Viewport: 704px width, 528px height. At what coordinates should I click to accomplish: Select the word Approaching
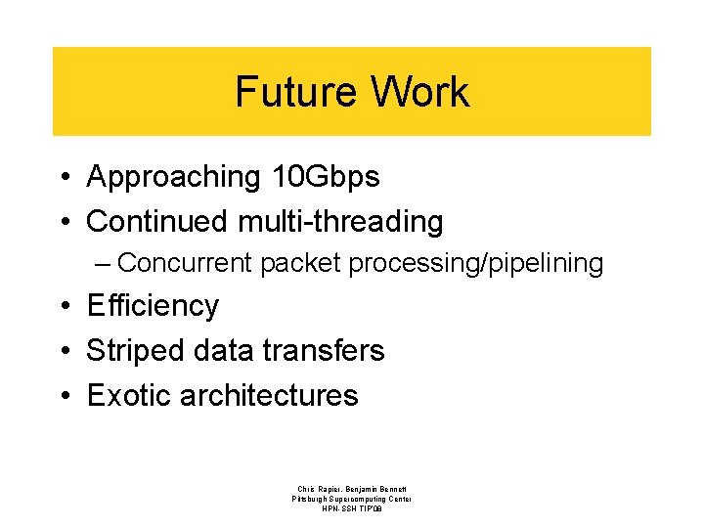[x=173, y=177]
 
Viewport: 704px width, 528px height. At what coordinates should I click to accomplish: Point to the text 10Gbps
[x=324, y=177]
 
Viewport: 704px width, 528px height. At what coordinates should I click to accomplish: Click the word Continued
[x=158, y=222]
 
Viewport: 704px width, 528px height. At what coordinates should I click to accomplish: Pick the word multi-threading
[x=340, y=222]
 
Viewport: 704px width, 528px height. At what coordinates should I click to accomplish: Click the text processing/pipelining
[x=476, y=264]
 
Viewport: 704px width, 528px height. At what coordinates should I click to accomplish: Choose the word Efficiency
[x=153, y=306]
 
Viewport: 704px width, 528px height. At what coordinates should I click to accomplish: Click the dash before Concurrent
[x=104, y=264]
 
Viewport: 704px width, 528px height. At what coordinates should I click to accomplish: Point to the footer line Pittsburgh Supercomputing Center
[x=352, y=499]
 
